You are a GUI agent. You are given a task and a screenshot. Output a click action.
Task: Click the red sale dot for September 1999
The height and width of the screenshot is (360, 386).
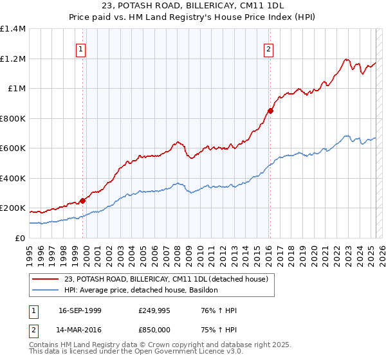[x=83, y=201]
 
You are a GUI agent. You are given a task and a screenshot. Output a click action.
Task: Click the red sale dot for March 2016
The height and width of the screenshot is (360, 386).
[x=271, y=111]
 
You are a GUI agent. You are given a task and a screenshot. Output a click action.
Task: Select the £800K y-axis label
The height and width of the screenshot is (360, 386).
[x=12, y=118]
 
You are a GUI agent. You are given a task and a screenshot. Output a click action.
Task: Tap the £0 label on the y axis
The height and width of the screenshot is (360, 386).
[x=19, y=238]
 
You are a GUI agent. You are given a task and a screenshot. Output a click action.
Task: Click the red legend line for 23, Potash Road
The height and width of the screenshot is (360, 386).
[x=46, y=278]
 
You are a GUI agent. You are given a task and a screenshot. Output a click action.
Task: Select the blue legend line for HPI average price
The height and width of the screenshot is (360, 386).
[x=46, y=290]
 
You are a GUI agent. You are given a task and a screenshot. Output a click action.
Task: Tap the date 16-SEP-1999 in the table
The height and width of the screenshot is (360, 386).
[x=80, y=310]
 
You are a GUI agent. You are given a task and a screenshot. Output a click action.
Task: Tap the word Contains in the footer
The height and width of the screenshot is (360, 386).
[x=45, y=345]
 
